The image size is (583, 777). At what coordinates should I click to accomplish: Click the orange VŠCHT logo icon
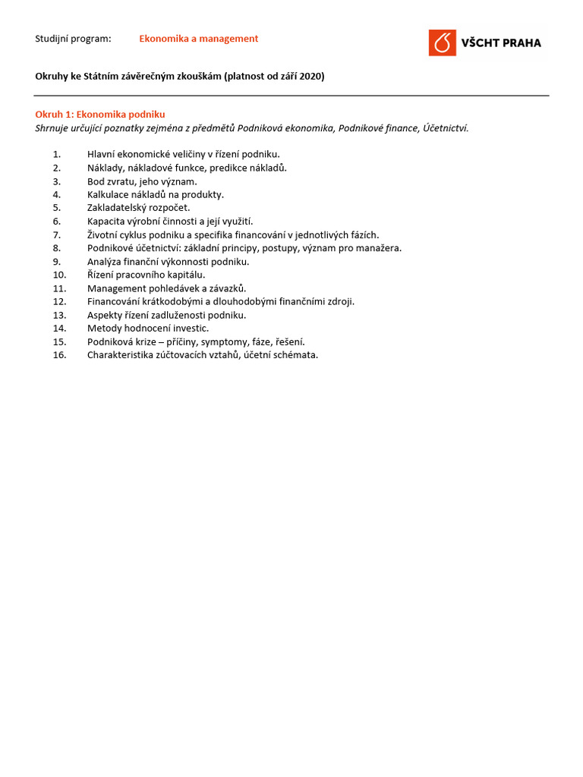[x=442, y=42]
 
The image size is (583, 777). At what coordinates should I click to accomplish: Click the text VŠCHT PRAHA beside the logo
[x=501, y=43]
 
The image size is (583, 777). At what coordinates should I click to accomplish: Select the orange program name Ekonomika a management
[x=198, y=39]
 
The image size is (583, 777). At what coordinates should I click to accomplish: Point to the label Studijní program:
[x=73, y=39]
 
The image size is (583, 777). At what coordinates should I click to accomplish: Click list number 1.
[x=57, y=154]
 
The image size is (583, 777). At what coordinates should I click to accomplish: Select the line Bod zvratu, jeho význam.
[x=142, y=181]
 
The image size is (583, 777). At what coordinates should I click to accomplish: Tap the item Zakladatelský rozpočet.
[x=139, y=208]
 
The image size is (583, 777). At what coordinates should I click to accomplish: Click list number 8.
[x=57, y=248]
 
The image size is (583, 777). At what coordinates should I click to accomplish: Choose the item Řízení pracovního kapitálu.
[x=146, y=275]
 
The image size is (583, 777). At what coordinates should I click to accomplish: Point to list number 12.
[x=60, y=301]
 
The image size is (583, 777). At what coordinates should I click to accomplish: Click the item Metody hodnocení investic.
[x=148, y=329]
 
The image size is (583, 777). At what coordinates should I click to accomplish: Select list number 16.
[x=60, y=355]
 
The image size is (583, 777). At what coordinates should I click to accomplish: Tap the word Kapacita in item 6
[x=106, y=221]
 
